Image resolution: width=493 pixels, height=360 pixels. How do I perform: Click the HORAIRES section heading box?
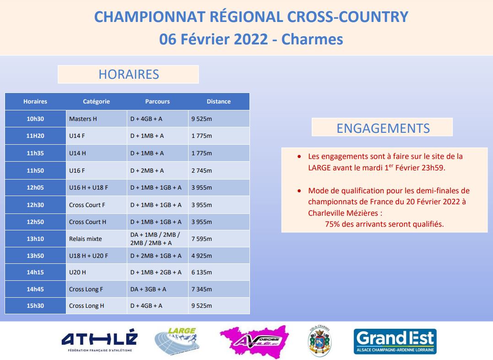point(128,74)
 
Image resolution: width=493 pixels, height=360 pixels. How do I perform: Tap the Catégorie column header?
point(96,101)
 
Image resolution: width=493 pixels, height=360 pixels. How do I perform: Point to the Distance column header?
point(218,101)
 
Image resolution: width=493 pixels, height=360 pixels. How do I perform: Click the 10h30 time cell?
point(35,119)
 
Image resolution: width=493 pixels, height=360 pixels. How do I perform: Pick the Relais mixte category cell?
point(96,239)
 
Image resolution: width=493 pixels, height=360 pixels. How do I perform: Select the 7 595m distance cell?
point(219,239)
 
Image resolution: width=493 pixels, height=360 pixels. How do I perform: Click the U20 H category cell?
point(96,272)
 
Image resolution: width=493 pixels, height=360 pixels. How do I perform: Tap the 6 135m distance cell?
point(219,272)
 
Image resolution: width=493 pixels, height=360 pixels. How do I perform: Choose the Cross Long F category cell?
point(96,289)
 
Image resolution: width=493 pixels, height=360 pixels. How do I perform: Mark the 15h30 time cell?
point(35,305)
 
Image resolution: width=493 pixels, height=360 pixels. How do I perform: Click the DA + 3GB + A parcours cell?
point(157,289)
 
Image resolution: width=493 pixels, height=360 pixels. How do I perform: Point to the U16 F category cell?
point(96,170)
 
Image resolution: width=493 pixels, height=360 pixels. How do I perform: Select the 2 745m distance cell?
point(219,170)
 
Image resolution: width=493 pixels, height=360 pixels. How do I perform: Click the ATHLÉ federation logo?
point(100,340)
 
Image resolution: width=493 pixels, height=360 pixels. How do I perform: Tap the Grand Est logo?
point(395,341)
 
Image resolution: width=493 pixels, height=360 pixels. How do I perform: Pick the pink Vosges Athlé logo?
point(255,341)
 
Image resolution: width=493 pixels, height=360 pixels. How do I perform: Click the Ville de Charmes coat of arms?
point(320,341)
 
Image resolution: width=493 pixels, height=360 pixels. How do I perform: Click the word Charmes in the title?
point(312,39)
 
